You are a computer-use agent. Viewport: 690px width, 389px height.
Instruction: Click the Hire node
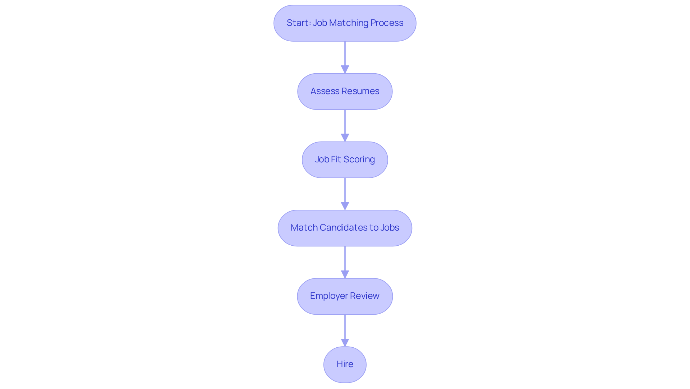click(x=345, y=364)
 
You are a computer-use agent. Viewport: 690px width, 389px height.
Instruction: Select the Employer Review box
click(x=345, y=296)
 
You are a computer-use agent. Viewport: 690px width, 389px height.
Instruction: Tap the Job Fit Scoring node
click(x=345, y=159)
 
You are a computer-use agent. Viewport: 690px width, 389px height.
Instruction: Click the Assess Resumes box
click(x=345, y=91)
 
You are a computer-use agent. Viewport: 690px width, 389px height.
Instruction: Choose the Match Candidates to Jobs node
click(x=345, y=228)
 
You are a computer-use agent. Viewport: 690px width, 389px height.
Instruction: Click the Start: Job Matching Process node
click(x=345, y=23)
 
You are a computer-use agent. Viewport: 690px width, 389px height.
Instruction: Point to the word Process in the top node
click(x=387, y=23)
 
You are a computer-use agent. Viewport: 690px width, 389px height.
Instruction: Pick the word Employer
click(x=328, y=296)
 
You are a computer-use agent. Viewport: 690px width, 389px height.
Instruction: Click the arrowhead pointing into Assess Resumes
click(x=345, y=69)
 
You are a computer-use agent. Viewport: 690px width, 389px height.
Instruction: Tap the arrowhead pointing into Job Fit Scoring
click(x=345, y=137)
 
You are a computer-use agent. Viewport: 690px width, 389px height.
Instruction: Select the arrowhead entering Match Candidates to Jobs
click(x=345, y=205)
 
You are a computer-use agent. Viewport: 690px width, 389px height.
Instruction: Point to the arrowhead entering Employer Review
click(x=345, y=274)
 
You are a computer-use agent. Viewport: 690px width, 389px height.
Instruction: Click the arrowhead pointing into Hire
click(x=345, y=342)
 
